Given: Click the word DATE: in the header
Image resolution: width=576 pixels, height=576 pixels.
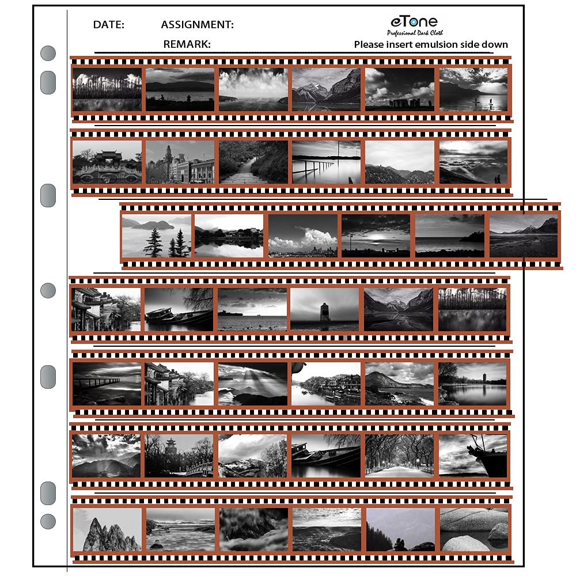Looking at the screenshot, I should tap(108, 25).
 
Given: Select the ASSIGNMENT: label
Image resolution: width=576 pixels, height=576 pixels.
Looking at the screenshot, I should tap(197, 25).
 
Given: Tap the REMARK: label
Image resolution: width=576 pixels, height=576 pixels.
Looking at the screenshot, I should tap(187, 44).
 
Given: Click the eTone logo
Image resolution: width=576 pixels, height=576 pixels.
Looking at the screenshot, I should tap(413, 22).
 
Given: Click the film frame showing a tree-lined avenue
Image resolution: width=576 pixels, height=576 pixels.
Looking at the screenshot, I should tap(399, 456).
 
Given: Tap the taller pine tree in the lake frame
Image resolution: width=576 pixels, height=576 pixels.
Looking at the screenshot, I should tap(154, 242).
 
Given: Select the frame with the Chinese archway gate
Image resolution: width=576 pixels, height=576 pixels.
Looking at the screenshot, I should tap(107, 162).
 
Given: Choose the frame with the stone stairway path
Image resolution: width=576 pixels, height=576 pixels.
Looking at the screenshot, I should tap(253, 162).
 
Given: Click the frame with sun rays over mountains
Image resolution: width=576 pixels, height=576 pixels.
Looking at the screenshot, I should tap(253, 383).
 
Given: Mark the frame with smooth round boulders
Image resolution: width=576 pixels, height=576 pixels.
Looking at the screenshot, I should tap(473, 529).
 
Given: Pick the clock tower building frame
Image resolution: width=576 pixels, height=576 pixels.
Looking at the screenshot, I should tap(180, 162).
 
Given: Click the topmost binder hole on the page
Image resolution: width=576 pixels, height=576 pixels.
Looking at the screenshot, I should tap(48, 54).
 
